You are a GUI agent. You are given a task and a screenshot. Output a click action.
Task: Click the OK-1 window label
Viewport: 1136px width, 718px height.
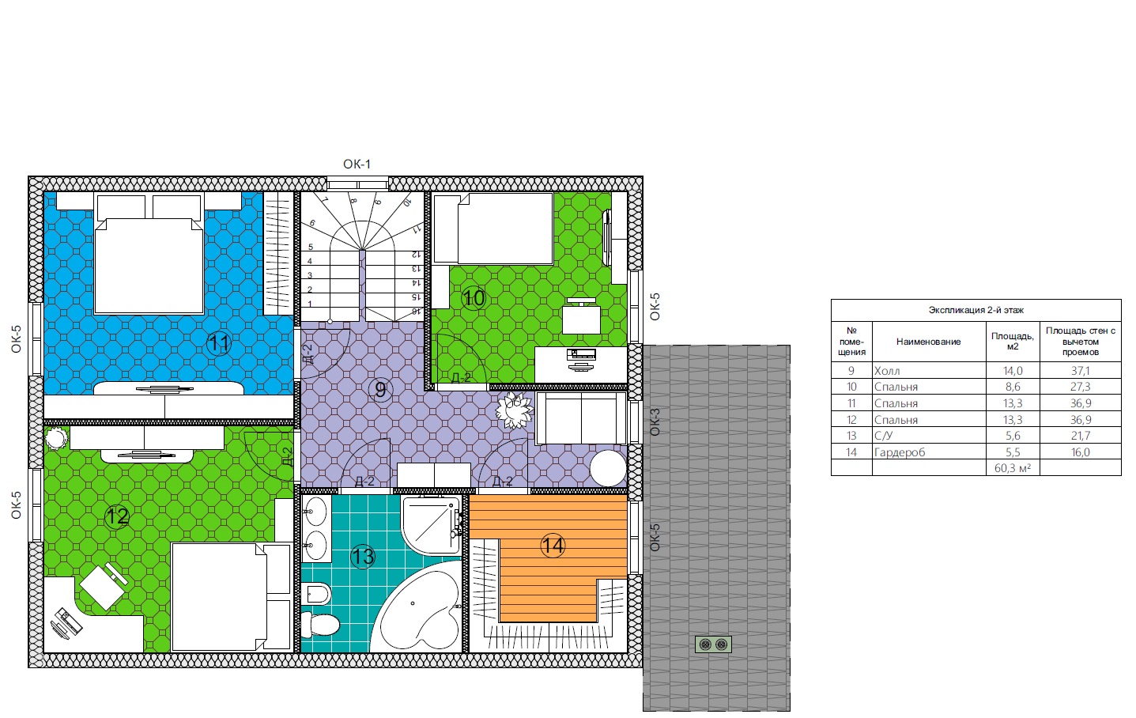pos(357,164)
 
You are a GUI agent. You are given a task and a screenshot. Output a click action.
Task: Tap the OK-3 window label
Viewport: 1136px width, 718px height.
pos(655,421)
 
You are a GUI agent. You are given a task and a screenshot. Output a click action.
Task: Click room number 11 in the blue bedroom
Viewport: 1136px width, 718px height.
pos(219,344)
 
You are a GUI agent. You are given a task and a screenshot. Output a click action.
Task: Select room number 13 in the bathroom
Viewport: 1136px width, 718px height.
pos(363,557)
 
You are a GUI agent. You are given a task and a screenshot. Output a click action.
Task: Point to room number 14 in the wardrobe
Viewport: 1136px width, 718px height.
pos(553,546)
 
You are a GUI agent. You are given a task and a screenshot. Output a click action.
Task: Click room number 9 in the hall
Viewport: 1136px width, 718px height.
pos(380,390)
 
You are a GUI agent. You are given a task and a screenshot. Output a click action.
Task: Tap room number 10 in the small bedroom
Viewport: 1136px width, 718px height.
pos(474,298)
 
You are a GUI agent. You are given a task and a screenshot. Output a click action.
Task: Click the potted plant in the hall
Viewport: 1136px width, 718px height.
pos(515,410)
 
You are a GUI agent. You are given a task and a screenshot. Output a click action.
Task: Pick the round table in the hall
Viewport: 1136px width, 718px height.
pos(608,469)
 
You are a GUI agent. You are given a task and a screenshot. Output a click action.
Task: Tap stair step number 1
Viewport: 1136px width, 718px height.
pos(310,304)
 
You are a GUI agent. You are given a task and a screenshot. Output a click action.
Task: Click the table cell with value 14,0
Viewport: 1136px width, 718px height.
pos(1013,370)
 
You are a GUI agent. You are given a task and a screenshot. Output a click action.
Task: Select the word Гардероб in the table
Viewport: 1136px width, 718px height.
pos(899,452)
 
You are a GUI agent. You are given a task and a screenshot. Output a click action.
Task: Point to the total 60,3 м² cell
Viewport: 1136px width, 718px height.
pos(1013,468)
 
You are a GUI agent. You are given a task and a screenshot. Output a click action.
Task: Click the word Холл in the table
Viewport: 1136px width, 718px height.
pos(887,371)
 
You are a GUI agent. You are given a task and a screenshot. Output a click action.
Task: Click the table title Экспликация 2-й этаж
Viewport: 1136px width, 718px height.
pos(976,310)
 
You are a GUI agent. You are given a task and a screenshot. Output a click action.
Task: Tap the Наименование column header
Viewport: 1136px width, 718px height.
pos(929,342)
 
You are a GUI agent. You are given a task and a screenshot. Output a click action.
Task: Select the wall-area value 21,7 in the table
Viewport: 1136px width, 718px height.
pos(1080,436)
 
